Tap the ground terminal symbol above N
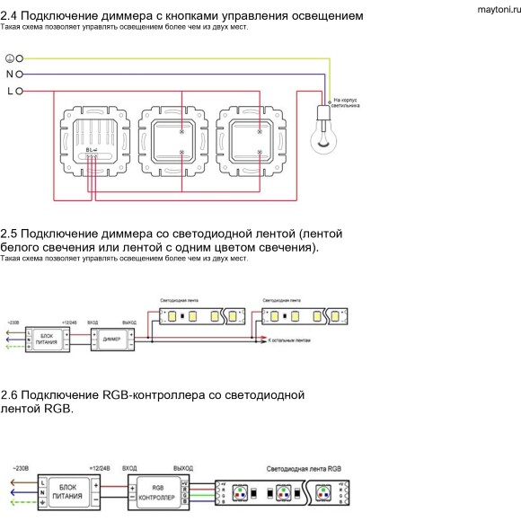tap(10, 57)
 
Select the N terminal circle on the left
tap(18, 74)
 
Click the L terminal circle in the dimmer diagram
tap(18, 91)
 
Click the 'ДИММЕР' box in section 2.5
tap(111, 340)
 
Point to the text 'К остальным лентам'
tap(289, 341)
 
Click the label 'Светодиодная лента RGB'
tap(304, 469)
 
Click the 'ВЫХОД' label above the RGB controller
tap(183, 469)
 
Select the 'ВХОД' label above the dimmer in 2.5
tap(93, 321)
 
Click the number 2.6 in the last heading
tap(10, 394)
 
